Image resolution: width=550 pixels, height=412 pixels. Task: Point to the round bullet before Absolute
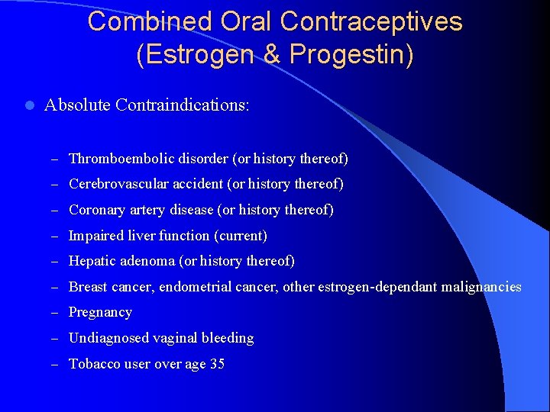[x=28, y=105]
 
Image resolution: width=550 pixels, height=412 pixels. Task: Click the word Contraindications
[x=183, y=105]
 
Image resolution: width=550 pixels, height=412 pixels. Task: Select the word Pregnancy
[x=100, y=312]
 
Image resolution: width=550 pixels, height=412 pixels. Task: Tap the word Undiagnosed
[x=104, y=338]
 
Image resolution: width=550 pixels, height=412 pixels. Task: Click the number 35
[x=217, y=364]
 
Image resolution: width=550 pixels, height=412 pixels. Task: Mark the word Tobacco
[x=93, y=364]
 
